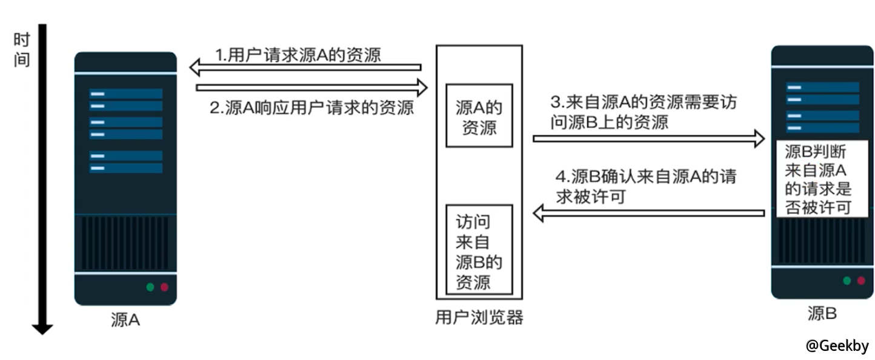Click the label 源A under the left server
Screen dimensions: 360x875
point(125,319)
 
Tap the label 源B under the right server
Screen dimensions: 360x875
point(822,313)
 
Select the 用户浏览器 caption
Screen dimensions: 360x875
point(479,318)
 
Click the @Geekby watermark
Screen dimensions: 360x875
point(837,346)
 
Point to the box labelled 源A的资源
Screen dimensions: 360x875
point(479,115)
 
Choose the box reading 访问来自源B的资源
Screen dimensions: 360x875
point(479,249)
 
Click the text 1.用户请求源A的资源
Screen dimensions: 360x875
point(298,55)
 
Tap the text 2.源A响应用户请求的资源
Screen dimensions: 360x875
point(311,108)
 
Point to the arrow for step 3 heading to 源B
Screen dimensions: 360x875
point(648,138)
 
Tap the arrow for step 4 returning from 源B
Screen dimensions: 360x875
point(648,213)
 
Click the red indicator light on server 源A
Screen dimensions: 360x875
point(164,287)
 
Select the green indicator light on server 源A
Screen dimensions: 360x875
point(150,287)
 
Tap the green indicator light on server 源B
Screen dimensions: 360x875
point(847,281)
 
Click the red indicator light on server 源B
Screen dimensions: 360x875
point(860,281)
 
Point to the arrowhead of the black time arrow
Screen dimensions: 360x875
point(42,329)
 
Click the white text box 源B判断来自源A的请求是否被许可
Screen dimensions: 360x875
point(818,180)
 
